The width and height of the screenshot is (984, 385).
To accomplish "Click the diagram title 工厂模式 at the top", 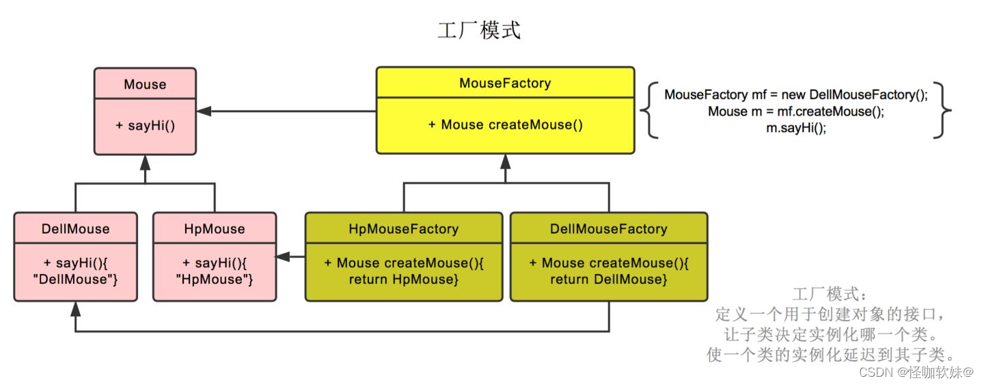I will point(479,31).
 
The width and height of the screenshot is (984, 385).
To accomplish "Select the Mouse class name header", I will point(145,84).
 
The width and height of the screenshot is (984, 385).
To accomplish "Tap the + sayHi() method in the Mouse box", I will point(145,126).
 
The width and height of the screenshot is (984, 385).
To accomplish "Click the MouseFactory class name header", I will point(505,83).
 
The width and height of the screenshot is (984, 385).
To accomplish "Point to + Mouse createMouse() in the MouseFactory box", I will point(505,124).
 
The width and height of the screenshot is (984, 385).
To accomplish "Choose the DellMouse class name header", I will point(75,228).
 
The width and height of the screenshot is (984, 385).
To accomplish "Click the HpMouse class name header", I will point(215,228).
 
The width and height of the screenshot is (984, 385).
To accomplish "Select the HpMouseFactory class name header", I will point(403,228).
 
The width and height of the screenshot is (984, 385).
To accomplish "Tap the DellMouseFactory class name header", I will point(608,228).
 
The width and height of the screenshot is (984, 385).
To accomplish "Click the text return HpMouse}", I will point(403,279).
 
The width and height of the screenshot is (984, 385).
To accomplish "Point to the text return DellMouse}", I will point(608,279).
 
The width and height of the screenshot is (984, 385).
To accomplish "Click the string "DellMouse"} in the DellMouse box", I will point(75,279).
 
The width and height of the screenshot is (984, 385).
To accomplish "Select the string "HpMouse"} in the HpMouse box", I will point(215,279).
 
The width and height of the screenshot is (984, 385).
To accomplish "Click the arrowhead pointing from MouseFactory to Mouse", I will point(204,111).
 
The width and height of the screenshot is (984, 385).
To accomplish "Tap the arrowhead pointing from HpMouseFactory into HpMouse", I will point(282,256).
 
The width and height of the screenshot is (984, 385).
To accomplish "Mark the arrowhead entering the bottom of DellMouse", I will point(75,308).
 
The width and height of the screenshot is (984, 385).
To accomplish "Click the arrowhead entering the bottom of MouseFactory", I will point(505,161).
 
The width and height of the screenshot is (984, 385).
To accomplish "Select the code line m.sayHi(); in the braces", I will point(796,128).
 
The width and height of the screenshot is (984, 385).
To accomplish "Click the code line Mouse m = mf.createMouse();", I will point(796,111).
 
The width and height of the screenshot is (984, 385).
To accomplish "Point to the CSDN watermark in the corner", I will point(915,372).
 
